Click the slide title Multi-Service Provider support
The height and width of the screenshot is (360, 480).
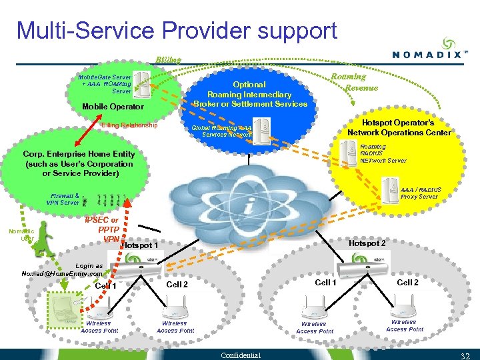click(x=177, y=30)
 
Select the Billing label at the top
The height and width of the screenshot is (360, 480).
click(x=168, y=59)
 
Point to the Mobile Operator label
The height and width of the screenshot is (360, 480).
click(x=112, y=107)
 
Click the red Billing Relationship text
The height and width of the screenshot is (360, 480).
click(x=129, y=125)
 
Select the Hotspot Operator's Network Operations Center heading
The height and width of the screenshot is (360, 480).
click(x=399, y=127)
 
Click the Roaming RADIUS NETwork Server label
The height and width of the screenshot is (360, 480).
click(x=383, y=153)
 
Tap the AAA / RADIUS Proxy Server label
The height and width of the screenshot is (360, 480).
click(x=420, y=193)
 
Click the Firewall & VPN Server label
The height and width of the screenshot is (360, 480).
click(x=63, y=199)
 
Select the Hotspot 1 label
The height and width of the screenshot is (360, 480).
click(x=140, y=246)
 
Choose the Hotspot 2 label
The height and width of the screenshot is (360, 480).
click(x=367, y=243)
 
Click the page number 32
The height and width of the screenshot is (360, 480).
click(x=465, y=354)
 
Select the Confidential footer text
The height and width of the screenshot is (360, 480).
click(x=241, y=354)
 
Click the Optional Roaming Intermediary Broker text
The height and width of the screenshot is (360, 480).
click(x=250, y=94)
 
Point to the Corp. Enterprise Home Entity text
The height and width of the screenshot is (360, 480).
click(x=79, y=163)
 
